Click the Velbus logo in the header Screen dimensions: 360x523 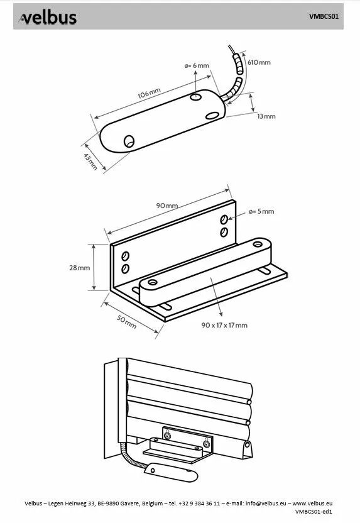48,18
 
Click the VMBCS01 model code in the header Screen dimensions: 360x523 324,16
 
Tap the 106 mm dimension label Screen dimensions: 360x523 150,93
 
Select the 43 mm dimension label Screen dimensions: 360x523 90,162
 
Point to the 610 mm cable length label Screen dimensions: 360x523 259,62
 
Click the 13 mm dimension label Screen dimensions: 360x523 266,116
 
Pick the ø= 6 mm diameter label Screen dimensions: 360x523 197,66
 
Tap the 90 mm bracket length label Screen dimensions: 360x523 167,206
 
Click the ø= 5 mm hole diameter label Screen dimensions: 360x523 261,211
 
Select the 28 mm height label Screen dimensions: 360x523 80,268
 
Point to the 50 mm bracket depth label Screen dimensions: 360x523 127,322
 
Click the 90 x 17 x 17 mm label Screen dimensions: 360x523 224,325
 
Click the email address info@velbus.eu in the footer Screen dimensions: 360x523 266,504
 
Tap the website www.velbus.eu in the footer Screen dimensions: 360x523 312,504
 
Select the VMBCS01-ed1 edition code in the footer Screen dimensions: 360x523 314,511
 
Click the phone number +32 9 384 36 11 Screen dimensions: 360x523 199,504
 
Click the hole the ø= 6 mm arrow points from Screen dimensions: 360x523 195,97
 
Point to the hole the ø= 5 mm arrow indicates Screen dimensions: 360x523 224,219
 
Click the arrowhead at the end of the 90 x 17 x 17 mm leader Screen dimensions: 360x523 221,313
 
